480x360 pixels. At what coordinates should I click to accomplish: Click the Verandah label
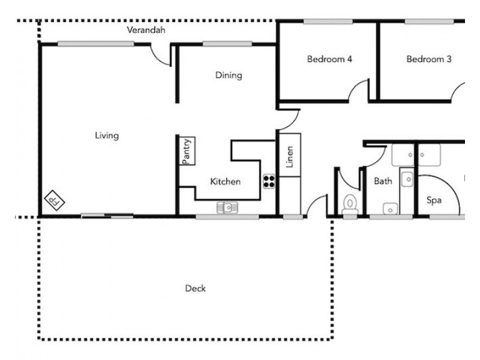[x=146, y=29]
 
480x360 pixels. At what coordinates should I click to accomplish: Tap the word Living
[x=107, y=136]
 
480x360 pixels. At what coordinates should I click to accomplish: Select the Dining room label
[x=229, y=75]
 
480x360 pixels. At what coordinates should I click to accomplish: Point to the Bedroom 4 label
[x=329, y=59]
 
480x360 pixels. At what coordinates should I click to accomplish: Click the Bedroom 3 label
[x=428, y=59]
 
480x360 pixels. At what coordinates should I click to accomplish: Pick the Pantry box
[x=187, y=151]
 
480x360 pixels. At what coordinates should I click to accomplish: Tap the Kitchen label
[x=226, y=181]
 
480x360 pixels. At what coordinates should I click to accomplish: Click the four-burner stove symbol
[x=269, y=181]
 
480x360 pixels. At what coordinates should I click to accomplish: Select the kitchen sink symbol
[x=227, y=208]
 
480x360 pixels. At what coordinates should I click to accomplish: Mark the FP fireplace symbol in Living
[x=55, y=200]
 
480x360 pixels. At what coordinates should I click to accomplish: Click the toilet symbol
[x=349, y=205]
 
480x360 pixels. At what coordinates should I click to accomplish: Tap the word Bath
[x=383, y=181]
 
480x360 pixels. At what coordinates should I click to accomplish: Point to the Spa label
[x=434, y=200]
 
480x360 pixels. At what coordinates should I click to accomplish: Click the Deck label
[x=195, y=289]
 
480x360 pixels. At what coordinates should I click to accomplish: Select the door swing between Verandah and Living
[x=160, y=54]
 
